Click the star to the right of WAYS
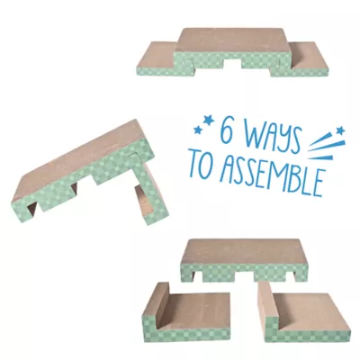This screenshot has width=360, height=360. (x=340, y=130)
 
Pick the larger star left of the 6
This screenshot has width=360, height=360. (x=208, y=121)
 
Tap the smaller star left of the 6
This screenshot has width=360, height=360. (x=197, y=130)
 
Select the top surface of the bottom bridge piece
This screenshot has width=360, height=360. (x=244, y=250)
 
